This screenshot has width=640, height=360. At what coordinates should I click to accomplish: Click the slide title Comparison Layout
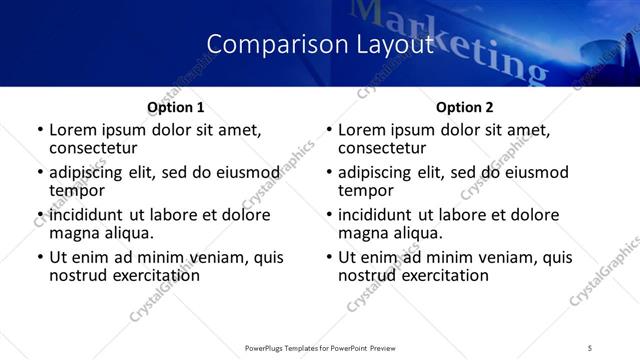tap(319, 43)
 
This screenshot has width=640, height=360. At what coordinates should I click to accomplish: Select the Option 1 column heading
tap(175, 107)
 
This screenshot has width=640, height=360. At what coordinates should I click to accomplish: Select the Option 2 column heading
tap(464, 107)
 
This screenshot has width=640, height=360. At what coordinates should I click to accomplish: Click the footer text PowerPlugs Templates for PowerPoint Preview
tap(320, 347)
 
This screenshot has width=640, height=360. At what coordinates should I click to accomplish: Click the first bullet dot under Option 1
tap(40, 130)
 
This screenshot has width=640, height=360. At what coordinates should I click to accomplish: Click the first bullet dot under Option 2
tap(329, 130)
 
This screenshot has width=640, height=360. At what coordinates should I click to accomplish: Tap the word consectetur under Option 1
tap(97, 147)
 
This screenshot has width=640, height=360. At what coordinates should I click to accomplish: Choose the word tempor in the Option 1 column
tap(77, 190)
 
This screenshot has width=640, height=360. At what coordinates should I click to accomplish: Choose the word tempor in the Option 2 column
tap(366, 190)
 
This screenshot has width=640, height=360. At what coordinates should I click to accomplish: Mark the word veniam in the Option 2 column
tap(506, 257)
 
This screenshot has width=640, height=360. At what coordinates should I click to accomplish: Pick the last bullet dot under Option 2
tap(329, 257)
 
